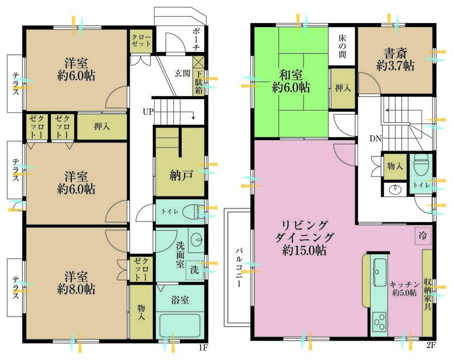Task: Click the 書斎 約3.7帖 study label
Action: (395, 60)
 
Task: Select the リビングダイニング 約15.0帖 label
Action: (304, 238)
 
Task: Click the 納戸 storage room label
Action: (180, 175)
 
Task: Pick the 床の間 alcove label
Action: (342, 47)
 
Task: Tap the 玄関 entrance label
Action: (182, 73)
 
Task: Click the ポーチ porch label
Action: (196, 40)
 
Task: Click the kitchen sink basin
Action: (379, 272)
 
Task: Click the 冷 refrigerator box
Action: (423, 236)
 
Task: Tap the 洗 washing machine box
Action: (194, 270)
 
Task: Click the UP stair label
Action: (148, 112)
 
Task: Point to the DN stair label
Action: (376, 139)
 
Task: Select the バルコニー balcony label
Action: (240, 267)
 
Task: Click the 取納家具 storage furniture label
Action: (428, 294)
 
